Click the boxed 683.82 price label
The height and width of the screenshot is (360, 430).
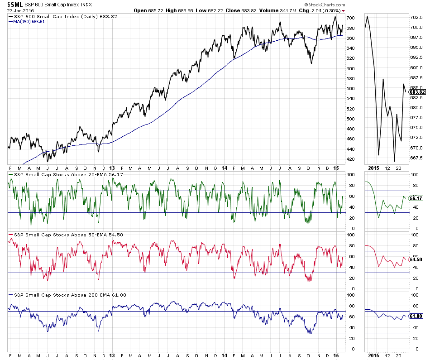pyautogui.click(x=418, y=92)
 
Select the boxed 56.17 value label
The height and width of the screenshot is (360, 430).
pyautogui.click(x=416, y=198)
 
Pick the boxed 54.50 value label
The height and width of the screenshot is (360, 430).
pyautogui.click(x=416, y=259)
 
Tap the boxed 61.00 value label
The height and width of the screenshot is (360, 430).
pyautogui.click(x=416, y=316)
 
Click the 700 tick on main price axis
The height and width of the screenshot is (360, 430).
pyautogui.click(x=350, y=18)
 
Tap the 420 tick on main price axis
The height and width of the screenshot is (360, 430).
pyautogui.click(x=350, y=159)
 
